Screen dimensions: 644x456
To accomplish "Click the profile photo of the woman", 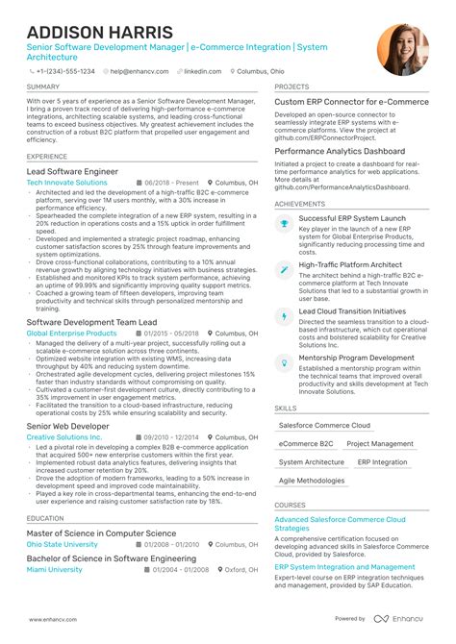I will [x=403, y=50].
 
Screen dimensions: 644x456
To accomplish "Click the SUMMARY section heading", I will [x=43, y=87].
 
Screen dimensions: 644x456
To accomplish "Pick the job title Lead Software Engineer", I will [x=72, y=171].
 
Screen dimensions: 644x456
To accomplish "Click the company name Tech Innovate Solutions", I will [x=67, y=183].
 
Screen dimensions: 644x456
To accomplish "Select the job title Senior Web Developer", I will [x=68, y=426].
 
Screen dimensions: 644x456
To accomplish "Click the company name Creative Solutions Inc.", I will [x=63, y=437].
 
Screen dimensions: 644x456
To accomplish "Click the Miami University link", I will [x=55, y=569].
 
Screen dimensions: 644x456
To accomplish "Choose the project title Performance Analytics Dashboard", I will [x=340, y=152].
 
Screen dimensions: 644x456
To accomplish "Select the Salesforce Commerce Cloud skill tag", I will [x=324, y=425].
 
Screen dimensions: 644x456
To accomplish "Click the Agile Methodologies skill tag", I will [x=312, y=480].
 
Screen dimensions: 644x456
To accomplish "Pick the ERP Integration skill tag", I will [x=382, y=461].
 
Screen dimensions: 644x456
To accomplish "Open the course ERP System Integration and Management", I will [x=344, y=567].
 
